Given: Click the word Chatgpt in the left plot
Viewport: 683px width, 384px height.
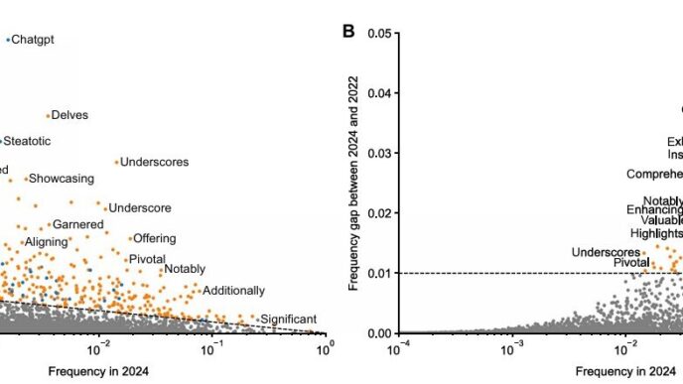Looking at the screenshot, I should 33,40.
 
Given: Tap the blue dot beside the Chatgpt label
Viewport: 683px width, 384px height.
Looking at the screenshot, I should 8,40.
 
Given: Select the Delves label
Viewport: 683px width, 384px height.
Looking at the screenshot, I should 69,116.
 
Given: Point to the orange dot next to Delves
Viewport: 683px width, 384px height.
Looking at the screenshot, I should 48,115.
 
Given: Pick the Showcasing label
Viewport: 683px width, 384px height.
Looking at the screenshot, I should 62,179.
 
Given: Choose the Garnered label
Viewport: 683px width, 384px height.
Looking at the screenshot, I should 77,225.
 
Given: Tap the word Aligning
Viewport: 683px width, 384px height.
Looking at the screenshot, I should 46,241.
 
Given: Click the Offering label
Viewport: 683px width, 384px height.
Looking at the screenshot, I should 155,239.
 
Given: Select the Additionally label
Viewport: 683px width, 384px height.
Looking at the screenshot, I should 233,291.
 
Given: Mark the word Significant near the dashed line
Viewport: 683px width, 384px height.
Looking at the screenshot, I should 288,319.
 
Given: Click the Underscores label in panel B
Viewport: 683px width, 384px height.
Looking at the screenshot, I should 607,252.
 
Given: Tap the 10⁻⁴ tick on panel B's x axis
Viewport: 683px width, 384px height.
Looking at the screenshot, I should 398,346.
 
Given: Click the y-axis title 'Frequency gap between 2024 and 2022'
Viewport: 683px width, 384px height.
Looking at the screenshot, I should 354,184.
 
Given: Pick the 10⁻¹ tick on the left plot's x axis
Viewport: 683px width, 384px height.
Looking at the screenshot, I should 212,346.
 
